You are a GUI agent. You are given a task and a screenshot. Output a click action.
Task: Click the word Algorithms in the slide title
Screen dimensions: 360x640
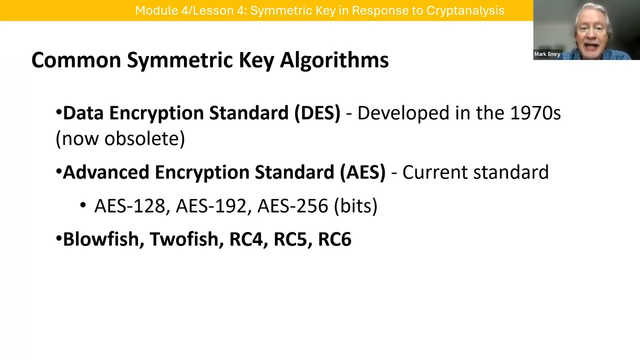point(334,60)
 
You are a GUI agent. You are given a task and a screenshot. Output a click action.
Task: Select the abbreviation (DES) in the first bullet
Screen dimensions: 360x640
point(317,113)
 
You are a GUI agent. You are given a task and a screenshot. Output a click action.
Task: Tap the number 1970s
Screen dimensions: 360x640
point(535,113)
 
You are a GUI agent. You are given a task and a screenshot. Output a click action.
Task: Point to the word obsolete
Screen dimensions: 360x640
point(144,138)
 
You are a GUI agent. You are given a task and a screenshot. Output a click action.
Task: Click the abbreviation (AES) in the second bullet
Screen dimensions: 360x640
point(363,172)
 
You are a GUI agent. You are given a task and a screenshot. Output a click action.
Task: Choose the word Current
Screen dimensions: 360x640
point(435,172)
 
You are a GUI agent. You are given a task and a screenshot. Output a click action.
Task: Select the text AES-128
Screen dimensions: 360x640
point(129,206)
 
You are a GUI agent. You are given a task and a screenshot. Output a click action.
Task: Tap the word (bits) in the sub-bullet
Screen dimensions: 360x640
point(355,206)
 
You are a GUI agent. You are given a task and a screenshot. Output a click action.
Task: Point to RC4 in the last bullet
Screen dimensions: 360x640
point(246,239)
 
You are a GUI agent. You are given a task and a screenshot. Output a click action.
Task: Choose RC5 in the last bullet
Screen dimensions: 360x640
point(290,239)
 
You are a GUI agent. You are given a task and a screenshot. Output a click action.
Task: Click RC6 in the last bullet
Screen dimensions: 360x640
point(334,239)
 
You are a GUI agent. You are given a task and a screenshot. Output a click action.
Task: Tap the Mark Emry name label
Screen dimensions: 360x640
point(547,54)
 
